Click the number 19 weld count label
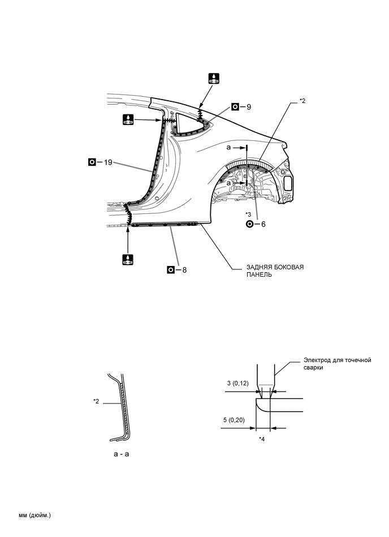[x=108, y=162]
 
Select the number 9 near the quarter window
[x=249, y=106]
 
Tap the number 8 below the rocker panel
[x=184, y=270]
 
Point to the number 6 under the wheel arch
[x=263, y=224]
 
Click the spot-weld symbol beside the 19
[x=92, y=162]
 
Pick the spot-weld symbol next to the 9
[x=235, y=106]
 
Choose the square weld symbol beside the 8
[x=170, y=270]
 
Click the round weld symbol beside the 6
[x=249, y=224]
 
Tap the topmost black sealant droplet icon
[x=214, y=79]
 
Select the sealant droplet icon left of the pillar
[x=128, y=120]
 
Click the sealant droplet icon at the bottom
[x=128, y=260]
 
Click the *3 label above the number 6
[x=249, y=214]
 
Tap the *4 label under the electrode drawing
[x=262, y=439]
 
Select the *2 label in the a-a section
[x=97, y=401]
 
